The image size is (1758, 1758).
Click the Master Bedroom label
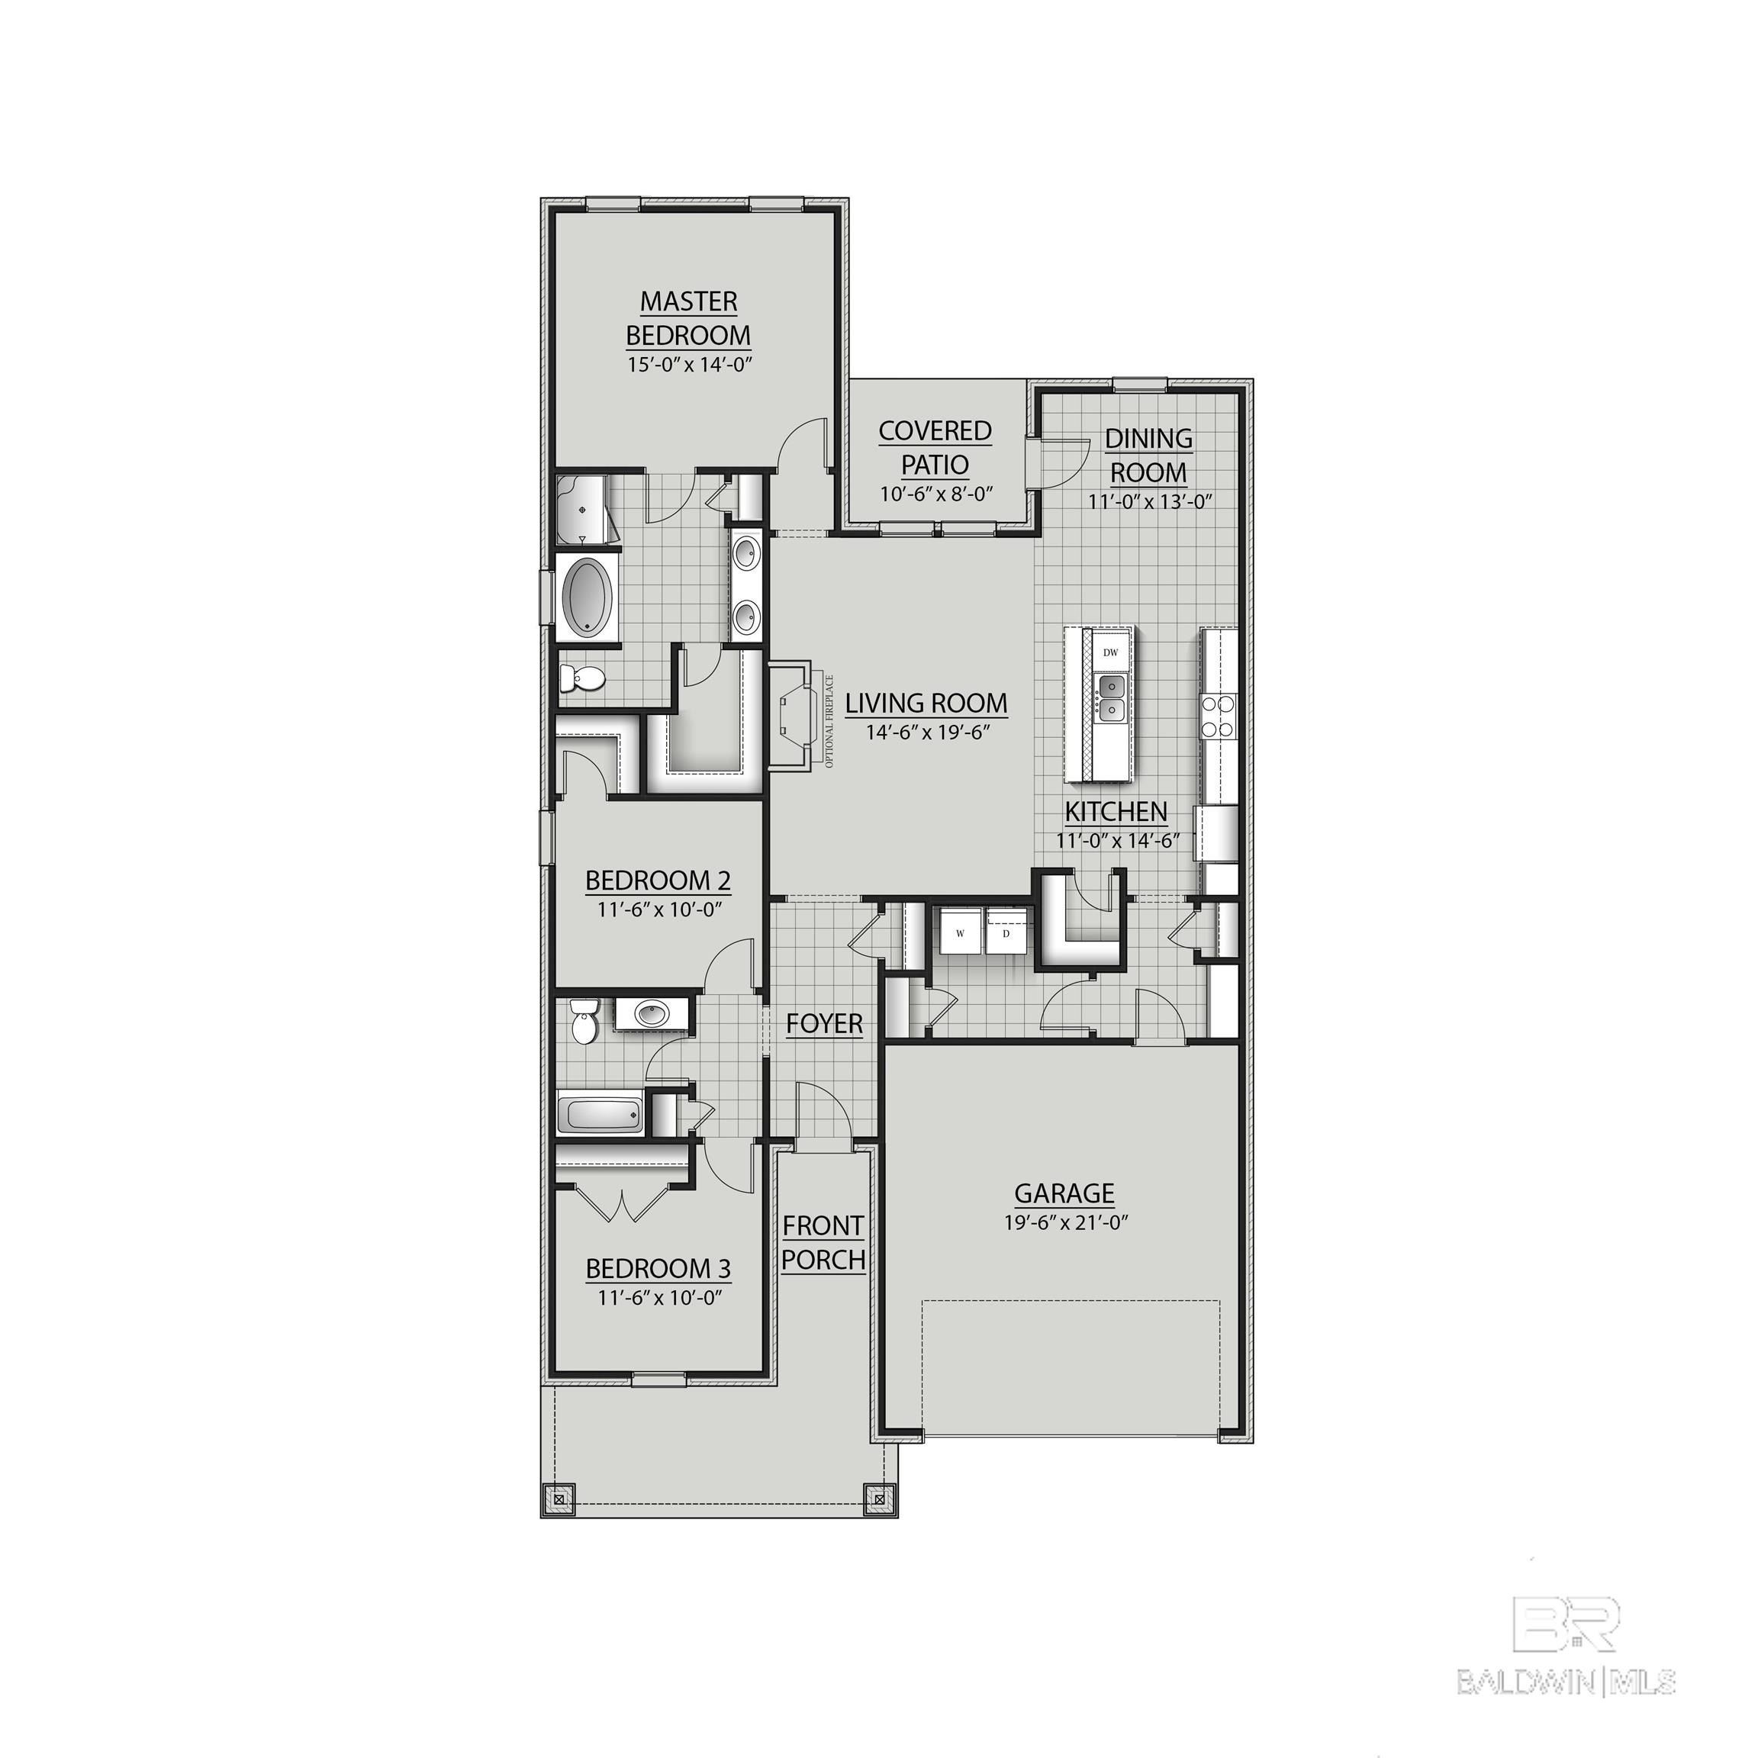(688, 317)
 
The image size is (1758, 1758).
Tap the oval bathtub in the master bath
(588, 597)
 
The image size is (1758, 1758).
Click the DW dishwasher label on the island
(1110, 652)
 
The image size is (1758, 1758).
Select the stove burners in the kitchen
(1218, 715)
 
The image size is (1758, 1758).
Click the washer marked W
(960, 932)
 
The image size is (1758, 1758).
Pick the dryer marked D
(1006, 932)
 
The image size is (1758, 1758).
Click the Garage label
(1064, 1192)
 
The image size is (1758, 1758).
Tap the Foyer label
(824, 1024)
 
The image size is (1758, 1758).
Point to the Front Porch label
(823, 1242)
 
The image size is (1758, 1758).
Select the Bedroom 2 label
(658, 880)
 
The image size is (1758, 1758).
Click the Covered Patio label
(935, 447)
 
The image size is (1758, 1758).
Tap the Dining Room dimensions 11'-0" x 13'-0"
(1150, 501)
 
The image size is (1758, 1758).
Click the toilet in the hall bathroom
(582, 1022)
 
